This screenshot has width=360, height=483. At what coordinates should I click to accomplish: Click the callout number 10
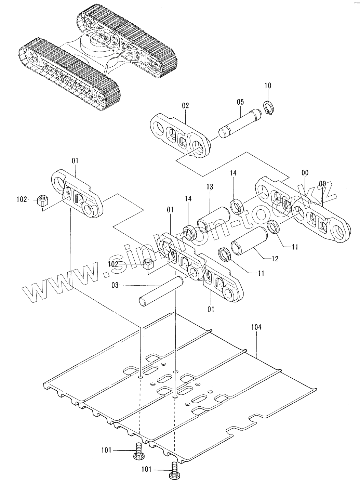(x=268, y=85)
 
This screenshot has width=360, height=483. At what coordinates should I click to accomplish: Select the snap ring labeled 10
(x=269, y=109)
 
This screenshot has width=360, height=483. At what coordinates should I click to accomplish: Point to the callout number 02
(x=185, y=106)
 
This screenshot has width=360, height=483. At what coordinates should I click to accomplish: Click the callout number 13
(x=210, y=187)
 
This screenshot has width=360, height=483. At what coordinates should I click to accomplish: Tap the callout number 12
(x=274, y=259)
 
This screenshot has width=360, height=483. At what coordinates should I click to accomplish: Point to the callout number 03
(x=115, y=285)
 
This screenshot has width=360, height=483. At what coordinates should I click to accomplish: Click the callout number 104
(x=256, y=327)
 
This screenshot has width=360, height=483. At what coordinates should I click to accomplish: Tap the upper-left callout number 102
(x=21, y=199)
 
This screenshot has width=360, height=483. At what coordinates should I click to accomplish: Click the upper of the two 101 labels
(x=107, y=451)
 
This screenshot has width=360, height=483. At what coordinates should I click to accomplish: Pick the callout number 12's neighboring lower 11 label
(x=262, y=273)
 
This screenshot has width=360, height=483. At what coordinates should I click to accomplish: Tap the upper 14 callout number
(x=233, y=173)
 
